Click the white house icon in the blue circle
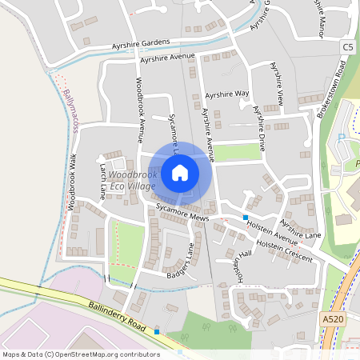[180, 172]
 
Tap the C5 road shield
[347, 48]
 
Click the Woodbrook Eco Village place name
[132, 180]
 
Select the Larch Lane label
[102, 180]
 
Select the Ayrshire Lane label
[301, 229]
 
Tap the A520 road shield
[333, 318]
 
